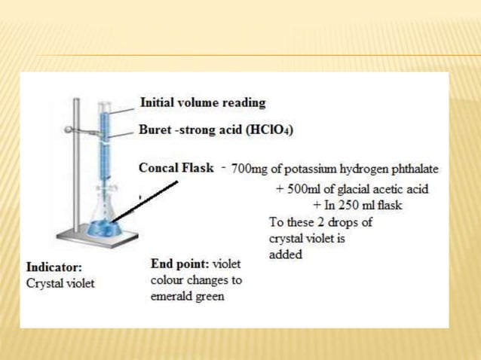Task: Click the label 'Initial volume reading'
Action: tap(203, 102)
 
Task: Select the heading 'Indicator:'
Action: tap(54, 267)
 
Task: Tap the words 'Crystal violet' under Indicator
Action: tap(60, 284)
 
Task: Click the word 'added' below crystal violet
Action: tap(286, 255)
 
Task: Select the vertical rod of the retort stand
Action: tap(76, 166)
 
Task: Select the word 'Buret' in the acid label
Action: tap(155, 130)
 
